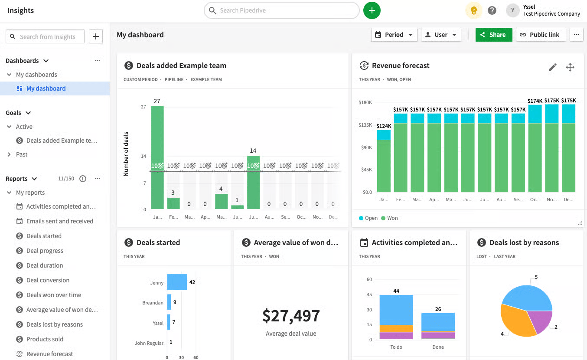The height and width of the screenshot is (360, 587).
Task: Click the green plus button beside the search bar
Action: [372, 10]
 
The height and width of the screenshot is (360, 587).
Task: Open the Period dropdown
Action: [394, 35]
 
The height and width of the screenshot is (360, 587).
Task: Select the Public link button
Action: [540, 35]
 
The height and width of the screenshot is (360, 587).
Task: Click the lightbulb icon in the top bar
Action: [473, 10]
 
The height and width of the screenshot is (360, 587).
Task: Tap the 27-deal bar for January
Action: [157, 156]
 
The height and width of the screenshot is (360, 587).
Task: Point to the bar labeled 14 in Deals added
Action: [253, 182]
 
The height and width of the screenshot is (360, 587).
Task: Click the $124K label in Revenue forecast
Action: [384, 126]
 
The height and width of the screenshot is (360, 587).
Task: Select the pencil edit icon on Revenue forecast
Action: [552, 67]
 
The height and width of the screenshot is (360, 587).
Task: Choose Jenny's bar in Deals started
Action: [177, 282]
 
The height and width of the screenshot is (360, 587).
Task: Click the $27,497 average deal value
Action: [291, 316]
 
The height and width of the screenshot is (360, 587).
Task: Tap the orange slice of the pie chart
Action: [516, 321]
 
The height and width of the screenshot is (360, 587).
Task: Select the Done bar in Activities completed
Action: [438, 325]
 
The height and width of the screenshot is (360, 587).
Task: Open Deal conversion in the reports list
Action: [48, 280]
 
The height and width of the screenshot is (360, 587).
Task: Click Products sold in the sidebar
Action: [45, 339]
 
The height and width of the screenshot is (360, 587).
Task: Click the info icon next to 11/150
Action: [83, 179]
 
